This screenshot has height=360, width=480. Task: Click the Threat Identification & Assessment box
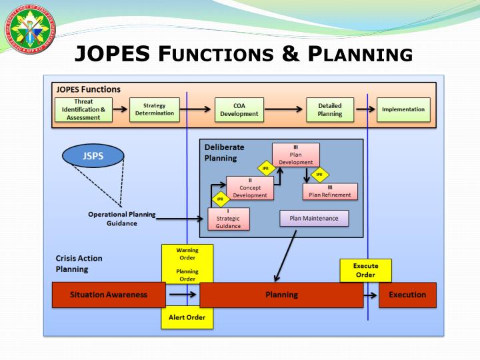point(83,110)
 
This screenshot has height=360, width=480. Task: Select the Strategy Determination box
point(154,109)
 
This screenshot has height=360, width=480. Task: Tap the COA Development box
point(239,110)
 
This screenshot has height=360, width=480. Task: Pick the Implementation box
point(403,110)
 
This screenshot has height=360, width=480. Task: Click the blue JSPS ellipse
point(93,156)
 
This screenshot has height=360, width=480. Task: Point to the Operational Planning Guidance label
point(121,219)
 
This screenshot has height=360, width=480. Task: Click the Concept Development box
point(250,188)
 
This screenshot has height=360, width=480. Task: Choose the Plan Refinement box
point(330,191)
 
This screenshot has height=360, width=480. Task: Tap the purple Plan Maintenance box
point(313,219)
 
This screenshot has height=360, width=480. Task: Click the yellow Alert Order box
point(187,317)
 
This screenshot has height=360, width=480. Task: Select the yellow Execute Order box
point(365,271)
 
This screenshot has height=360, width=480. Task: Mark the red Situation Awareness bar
point(109,295)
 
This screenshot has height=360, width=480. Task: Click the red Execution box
point(407,295)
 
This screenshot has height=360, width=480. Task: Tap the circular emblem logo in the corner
point(29,29)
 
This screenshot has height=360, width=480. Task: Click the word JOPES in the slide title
point(111,53)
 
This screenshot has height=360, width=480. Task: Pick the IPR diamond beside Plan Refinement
point(319,175)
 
